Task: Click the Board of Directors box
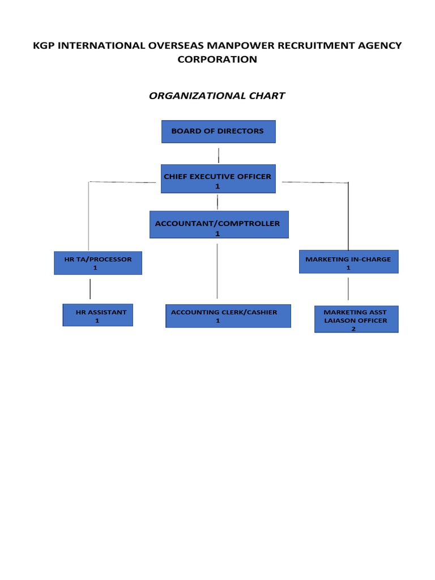(x=218, y=131)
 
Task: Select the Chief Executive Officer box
(x=218, y=180)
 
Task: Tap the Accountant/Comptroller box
(x=219, y=225)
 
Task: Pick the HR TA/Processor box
(x=98, y=263)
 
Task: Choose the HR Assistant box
(x=97, y=315)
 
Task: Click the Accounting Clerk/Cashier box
(x=228, y=315)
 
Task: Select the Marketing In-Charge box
(x=348, y=262)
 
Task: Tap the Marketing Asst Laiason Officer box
(x=356, y=319)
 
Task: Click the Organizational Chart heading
(x=217, y=96)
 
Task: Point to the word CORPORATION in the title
(x=217, y=59)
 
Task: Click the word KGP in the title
(x=45, y=46)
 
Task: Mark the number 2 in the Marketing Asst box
(x=353, y=329)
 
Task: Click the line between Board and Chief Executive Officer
(x=218, y=155)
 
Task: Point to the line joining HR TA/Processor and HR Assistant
(x=90, y=289)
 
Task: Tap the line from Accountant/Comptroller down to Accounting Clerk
(x=217, y=271)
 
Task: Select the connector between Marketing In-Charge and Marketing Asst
(x=348, y=289)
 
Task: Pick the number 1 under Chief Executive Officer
(x=217, y=186)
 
